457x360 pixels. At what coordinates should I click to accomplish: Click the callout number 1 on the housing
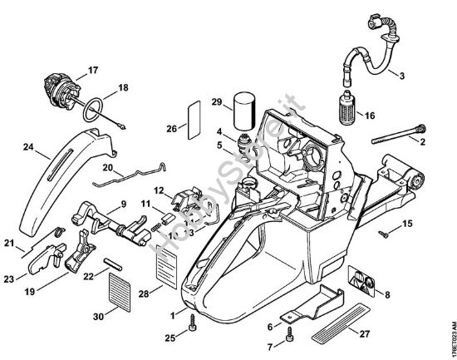point(173,314)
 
